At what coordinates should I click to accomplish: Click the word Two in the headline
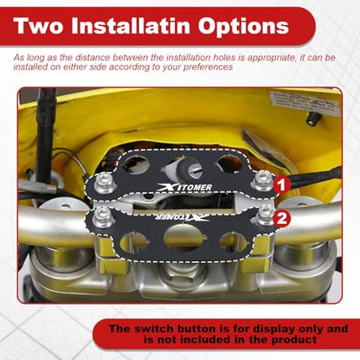(38, 26)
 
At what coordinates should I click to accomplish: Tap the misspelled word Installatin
(131, 26)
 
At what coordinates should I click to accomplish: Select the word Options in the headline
(243, 27)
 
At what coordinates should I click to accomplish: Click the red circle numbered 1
(281, 184)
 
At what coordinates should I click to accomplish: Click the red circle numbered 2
(281, 218)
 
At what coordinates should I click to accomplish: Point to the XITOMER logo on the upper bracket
(184, 188)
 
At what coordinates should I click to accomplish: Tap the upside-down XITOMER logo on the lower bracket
(183, 217)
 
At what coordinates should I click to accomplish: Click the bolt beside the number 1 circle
(262, 180)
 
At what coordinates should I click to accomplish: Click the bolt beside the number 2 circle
(266, 215)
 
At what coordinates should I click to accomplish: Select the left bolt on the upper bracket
(103, 183)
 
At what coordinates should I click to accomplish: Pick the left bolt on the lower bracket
(102, 217)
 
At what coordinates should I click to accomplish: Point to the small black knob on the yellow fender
(312, 118)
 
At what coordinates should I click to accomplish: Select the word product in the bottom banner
(294, 340)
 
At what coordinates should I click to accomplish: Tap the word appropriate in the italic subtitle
(272, 58)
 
